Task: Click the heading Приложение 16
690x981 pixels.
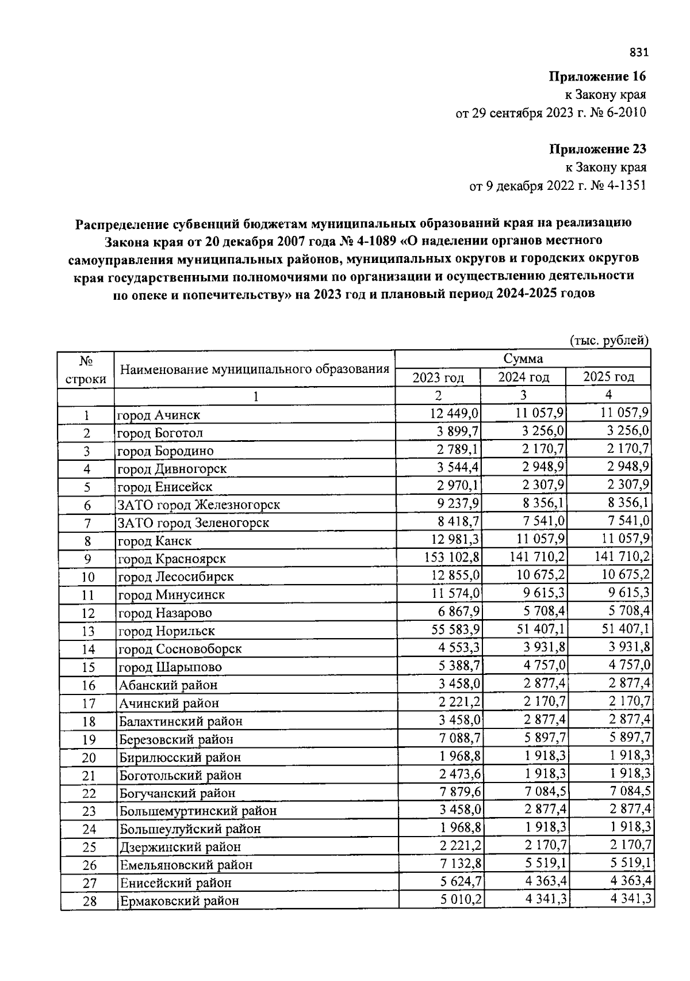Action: coord(597,77)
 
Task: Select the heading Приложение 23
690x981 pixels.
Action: coord(597,149)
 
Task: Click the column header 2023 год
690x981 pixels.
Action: coord(438,377)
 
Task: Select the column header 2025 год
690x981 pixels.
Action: coord(608,377)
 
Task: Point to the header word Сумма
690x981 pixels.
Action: coord(523,359)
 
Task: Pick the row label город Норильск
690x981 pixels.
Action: coord(166,631)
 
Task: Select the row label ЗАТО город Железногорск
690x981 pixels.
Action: coord(198,505)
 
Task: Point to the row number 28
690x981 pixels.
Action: coord(89,901)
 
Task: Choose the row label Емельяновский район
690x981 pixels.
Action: coord(186,865)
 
